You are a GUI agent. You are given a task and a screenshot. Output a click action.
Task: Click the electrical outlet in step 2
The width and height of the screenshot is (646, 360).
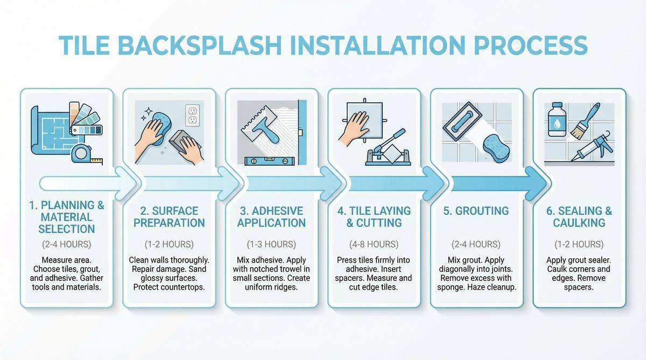[x=192, y=115]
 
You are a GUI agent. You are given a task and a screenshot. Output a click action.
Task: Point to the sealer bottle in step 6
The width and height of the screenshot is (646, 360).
[x=556, y=119]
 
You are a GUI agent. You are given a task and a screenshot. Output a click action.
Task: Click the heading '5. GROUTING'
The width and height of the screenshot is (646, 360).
[x=476, y=211]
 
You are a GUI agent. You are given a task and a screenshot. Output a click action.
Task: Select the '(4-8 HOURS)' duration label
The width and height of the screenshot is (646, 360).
[x=374, y=244]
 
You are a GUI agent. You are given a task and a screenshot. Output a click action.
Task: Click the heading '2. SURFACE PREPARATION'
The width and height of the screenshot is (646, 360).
[x=169, y=217]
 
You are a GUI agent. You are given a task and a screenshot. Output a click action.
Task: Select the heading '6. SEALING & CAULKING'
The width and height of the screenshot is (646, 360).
[x=579, y=217]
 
